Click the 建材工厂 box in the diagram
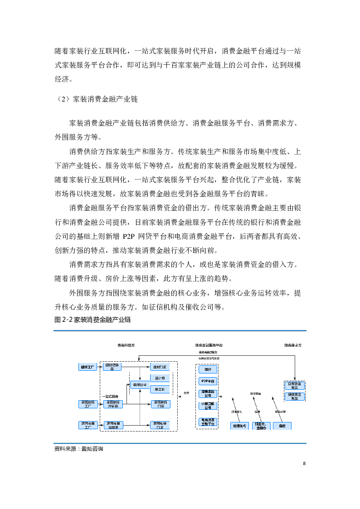point(87,367)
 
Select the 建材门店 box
point(160,367)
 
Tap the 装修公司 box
point(139,385)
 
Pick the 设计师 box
point(160,378)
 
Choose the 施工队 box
point(160,389)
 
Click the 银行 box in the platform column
point(208,369)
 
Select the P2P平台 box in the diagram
point(208,381)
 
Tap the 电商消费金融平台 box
point(208,422)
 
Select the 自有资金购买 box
point(295,386)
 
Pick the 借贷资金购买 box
point(295,397)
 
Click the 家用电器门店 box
point(160,425)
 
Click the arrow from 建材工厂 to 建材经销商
point(100,367)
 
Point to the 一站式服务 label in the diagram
point(110,396)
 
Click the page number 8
point(304,463)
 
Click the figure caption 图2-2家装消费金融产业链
point(92,320)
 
